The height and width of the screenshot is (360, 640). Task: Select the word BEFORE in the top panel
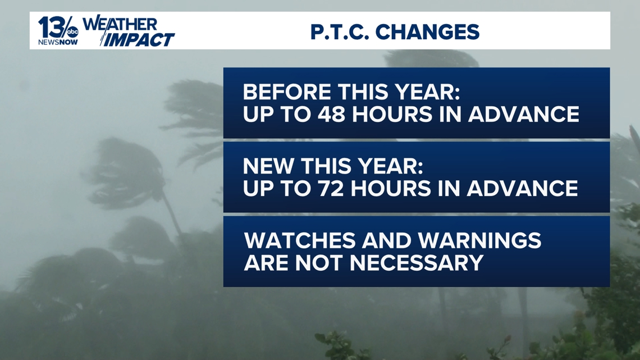[286, 92]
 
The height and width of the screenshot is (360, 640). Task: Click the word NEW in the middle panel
[269, 166]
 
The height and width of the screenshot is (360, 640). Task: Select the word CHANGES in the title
[427, 31]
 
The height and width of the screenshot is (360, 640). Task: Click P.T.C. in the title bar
[339, 31]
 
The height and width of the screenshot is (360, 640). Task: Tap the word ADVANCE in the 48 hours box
[523, 114]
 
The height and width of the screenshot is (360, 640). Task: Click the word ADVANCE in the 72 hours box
[522, 188]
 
